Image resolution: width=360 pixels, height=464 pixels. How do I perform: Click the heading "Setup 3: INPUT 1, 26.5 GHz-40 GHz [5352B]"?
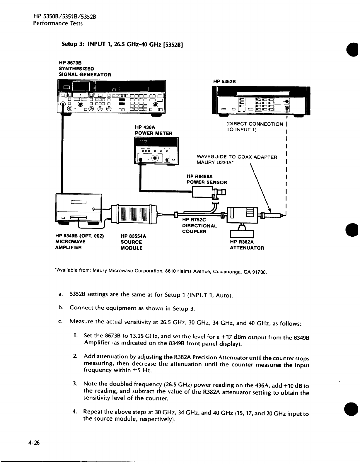pos(122,45)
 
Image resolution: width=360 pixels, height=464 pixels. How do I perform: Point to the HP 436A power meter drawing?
pos(156,151)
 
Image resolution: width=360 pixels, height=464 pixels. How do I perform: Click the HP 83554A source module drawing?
pos(134,214)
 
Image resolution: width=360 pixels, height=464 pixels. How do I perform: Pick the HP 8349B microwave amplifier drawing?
pos(79,209)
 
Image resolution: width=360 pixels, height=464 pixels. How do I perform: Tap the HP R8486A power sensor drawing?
pos(205,192)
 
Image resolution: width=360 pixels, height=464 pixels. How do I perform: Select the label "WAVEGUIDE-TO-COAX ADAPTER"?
pos(237,157)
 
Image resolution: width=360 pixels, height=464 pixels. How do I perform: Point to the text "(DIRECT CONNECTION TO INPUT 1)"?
pos(255,127)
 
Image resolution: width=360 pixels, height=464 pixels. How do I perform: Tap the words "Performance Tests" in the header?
pos(58,23)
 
